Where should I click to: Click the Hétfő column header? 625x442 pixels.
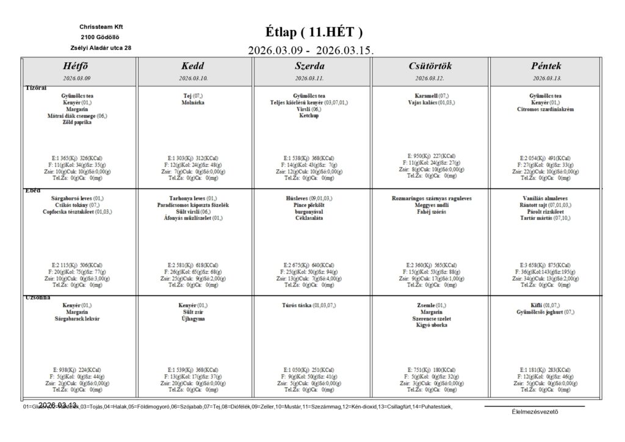click(77, 66)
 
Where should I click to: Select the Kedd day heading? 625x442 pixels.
click(193, 66)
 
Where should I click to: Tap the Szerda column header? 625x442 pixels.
click(309, 66)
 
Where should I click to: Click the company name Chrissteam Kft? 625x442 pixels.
click(101, 27)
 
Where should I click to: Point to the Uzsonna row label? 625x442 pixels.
click(37, 297)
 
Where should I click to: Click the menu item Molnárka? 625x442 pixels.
click(193, 103)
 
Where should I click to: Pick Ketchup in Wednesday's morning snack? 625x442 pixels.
click(309, 116)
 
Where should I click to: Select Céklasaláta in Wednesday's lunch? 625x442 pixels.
click(309, 219)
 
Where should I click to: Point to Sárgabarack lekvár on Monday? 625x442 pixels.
click(77, 318)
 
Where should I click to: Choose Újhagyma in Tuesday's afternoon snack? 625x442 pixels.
click(193, 318)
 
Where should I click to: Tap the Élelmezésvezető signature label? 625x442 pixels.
click(535, 411)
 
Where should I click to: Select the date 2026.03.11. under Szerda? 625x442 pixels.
click(309, 78)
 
